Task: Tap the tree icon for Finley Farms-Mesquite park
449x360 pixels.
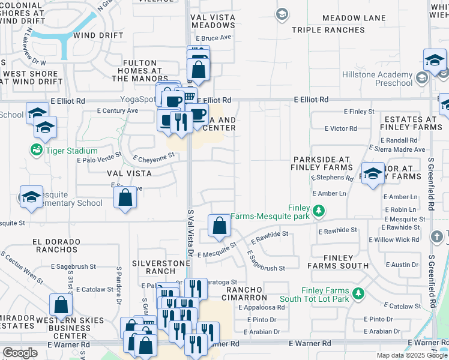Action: [320, 211]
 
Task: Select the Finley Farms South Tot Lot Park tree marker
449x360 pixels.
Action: [358, 293]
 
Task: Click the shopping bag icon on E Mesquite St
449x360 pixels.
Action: [220, 226]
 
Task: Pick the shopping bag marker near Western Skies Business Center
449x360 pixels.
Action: [61, 305]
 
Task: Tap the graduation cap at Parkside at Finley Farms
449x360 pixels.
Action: [373, 173]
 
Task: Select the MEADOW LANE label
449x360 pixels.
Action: [354, 18]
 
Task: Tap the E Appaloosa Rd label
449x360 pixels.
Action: [265, 308]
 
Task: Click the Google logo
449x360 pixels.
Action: [20, 353]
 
